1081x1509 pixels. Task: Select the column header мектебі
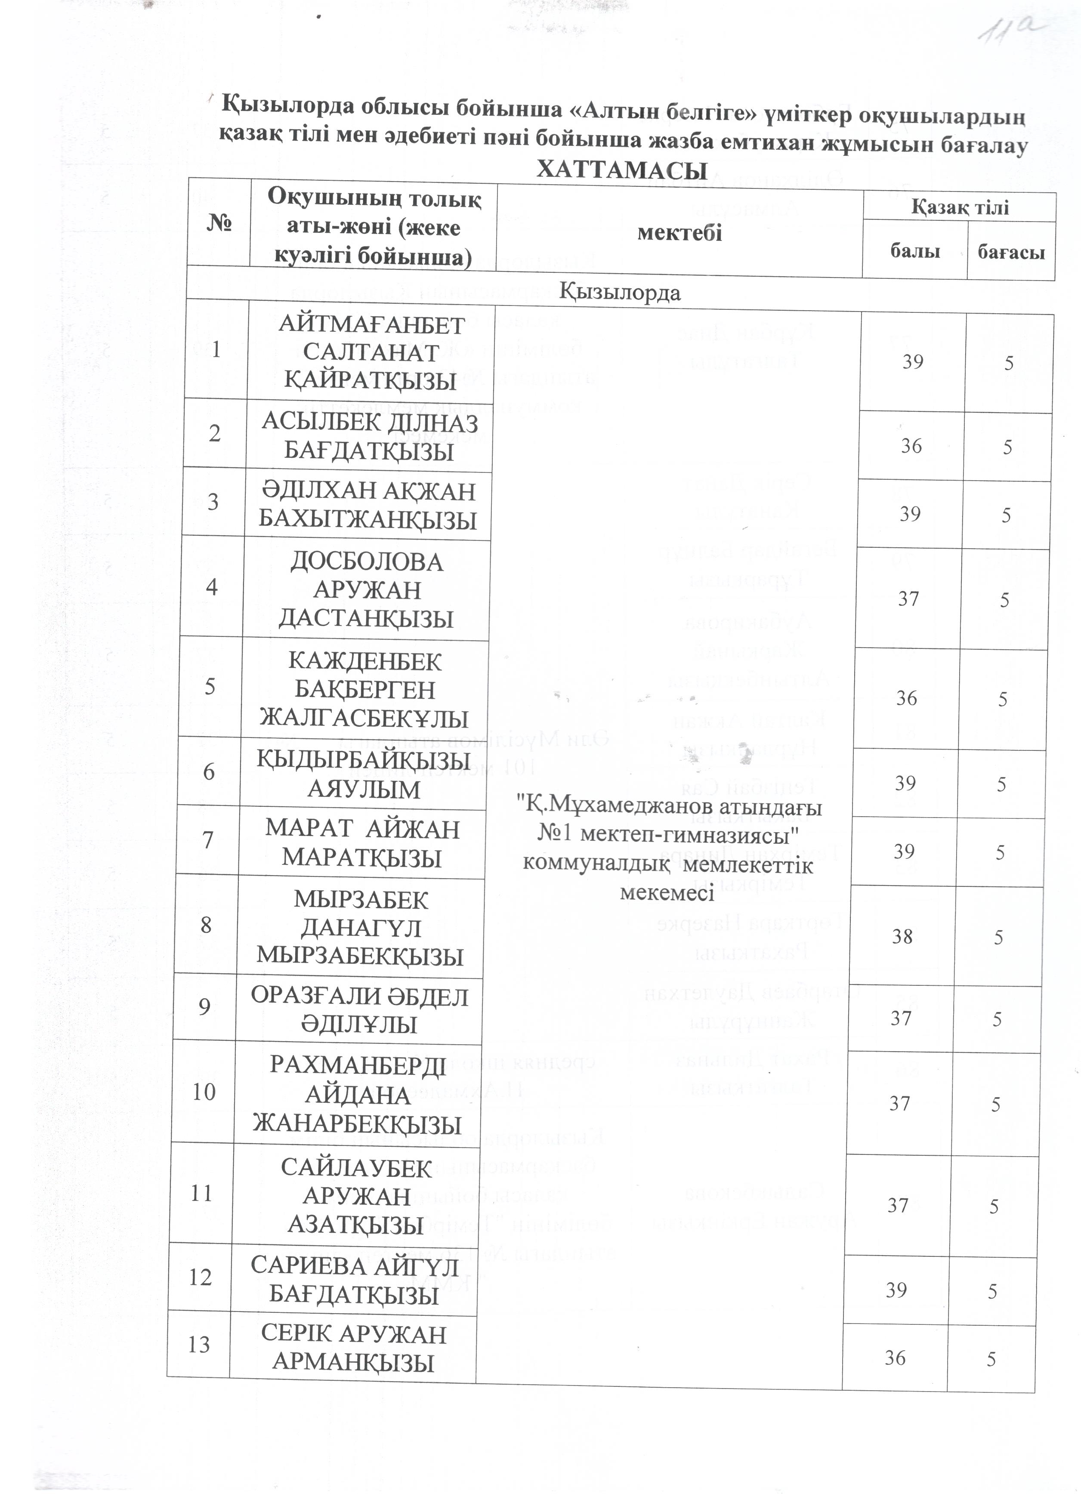tap(679, 232)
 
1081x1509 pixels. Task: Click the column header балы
tap(915, 251)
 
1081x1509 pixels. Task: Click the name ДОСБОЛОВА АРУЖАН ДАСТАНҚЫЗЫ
tap(367, 590)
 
